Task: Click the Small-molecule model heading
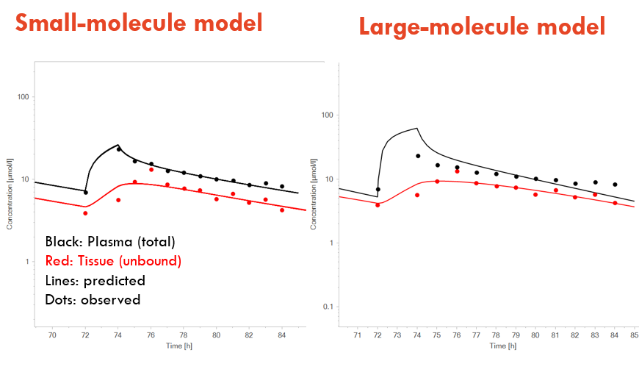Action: click(139, 23)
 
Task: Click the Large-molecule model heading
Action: click(482, 26)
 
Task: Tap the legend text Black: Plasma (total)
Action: click(110, 242)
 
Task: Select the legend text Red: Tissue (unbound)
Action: click(113, 261)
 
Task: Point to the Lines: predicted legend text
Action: click(95, 281)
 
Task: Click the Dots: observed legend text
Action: click(93, 300)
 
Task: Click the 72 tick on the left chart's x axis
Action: click(85, 335)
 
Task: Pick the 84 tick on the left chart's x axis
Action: click(281, 335)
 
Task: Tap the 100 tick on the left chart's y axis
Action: click(24, 97)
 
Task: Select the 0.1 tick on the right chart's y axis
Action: click(328, 307)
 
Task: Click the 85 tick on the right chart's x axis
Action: click(634, 335)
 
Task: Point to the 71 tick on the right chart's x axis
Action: click(358, 335)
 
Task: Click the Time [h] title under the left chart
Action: click(179, 346)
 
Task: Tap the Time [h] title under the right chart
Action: click(503, 346)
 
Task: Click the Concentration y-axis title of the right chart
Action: click(314, 194)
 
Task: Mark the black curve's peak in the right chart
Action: click(417, 128)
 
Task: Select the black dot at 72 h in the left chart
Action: click(86, 192)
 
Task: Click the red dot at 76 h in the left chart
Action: click(151, 169)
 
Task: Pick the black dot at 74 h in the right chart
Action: click(418, 156)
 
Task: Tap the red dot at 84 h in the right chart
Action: click(615, 203)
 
